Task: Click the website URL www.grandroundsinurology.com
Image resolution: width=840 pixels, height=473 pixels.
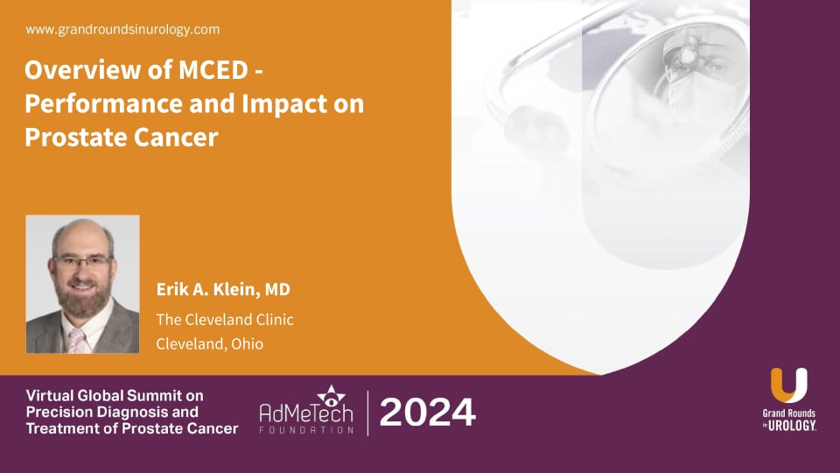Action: click(122, 30)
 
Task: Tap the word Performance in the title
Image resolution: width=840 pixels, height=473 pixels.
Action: click(95, 104)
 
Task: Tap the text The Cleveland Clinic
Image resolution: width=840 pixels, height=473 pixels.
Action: click(225, 320)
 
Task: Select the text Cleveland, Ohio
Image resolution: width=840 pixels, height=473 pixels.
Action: click(209, 343)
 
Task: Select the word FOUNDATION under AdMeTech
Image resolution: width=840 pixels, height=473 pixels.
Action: click(306, 430)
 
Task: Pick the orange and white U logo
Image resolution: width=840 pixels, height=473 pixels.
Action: click(789, 386)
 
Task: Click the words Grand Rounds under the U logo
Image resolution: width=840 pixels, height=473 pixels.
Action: click(788, 413)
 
